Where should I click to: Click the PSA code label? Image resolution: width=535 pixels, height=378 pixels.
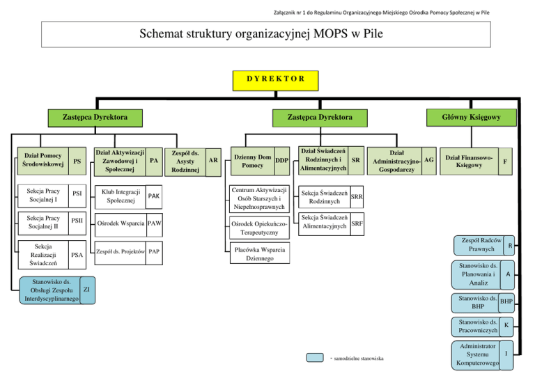pyautogui.click(x=77, y=255)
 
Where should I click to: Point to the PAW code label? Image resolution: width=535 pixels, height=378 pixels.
pyautogui.click(x=155, y=223)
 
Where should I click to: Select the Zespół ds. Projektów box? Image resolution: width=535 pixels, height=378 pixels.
pyautogui.click(x=121, y=251)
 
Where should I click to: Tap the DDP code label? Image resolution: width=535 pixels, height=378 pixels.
pyautogui.click(x=281, y=161)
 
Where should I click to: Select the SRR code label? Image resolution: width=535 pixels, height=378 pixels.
pyautogui.click(x=356, y=197)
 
